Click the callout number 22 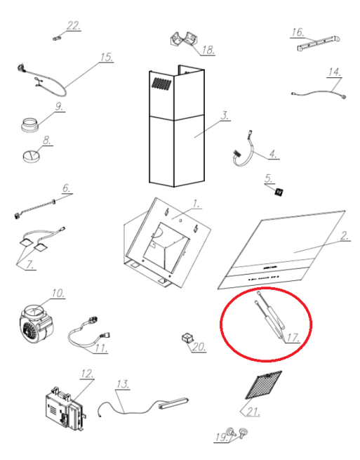pos(73,25)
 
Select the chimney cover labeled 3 pos(176,126)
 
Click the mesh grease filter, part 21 pos(264,385)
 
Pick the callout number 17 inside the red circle pos(293,338)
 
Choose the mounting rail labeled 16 pos(319,44)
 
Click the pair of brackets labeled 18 pos(184,39)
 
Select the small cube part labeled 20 pos(187,338)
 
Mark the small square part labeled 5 pos(279,192)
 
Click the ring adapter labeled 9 pos(30,124)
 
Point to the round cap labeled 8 pos(31,155)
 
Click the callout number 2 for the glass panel pos(345,235)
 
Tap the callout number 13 pos(123,384)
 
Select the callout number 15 pos(107,57)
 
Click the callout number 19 pos(221,437)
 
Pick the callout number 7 pos(29,265)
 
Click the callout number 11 pos(100,348)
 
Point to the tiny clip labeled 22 pos(57,37)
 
